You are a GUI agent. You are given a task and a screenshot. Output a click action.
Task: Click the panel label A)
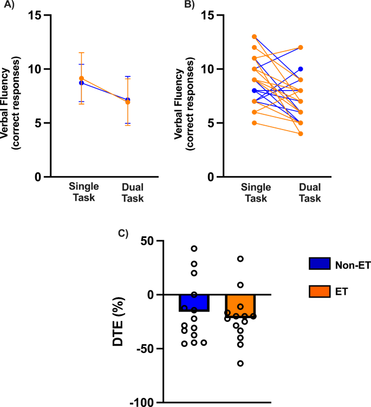point(9,5)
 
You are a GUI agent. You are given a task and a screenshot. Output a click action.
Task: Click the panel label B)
point(186,5)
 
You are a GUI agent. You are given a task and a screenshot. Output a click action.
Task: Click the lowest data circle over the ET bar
point(240,363)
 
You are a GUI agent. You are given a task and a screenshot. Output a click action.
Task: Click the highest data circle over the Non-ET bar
point(194,248)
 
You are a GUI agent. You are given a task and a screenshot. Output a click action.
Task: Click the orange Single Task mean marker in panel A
point(81,78)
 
